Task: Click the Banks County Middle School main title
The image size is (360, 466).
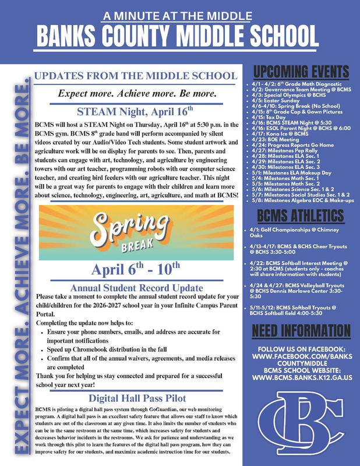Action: [180, 35]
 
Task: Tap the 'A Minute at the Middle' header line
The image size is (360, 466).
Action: [180, 13]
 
